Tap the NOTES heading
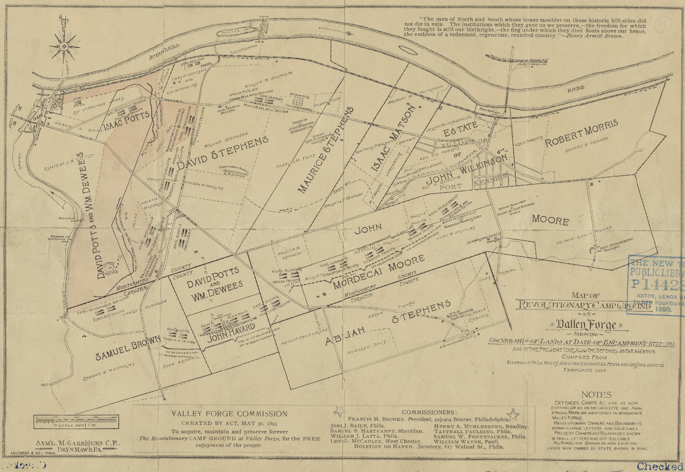pos(596,395)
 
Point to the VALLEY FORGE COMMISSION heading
pos(229,414)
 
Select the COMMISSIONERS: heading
pos(429,412)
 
